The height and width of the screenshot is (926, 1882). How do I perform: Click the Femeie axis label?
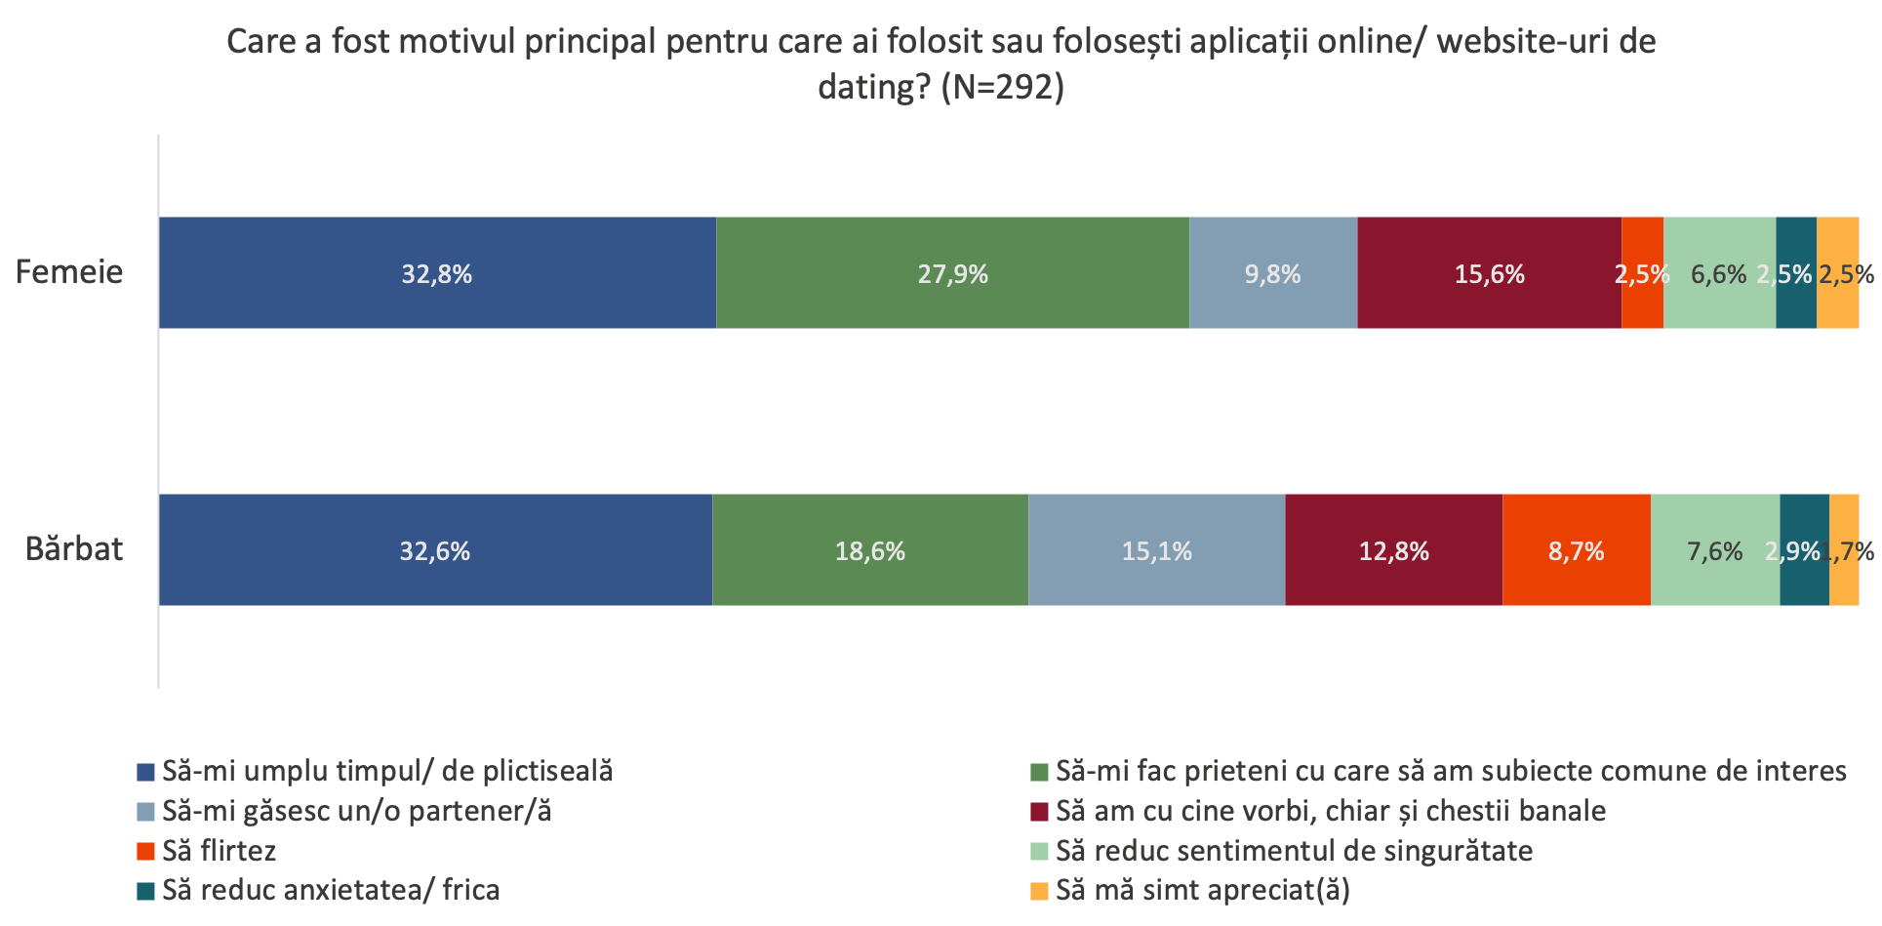[69, 272]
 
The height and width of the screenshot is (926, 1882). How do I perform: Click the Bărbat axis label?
[74, 549]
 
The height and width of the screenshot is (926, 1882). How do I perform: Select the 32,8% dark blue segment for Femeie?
[437, 273]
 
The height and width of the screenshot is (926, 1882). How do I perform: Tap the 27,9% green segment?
[952, 273]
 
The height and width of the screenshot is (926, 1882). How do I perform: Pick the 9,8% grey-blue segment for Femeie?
[1272, 273]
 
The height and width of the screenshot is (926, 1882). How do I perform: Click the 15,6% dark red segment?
[1489, 273]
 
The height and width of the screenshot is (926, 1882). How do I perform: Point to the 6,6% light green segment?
[1718, 273]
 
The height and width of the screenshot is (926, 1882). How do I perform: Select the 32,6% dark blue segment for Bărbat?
[435, 550]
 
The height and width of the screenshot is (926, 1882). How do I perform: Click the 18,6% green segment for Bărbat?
[869, 550]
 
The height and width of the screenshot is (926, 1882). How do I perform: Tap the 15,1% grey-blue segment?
[1156, 550]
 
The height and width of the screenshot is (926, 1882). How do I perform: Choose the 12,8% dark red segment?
[1393, 550]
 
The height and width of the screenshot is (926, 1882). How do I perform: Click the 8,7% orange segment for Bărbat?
[1576, 550]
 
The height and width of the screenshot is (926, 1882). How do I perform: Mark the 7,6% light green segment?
[1714, 550]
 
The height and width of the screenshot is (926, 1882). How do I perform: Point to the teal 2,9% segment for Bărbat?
[1803, 550]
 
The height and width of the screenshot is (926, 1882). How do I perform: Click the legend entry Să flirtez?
[219, 851]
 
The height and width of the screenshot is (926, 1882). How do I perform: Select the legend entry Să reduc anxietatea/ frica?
[331, 890]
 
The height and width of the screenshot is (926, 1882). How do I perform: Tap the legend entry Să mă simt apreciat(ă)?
[1202, 890]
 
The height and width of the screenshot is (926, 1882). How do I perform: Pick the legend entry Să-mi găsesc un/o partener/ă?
[356, 811]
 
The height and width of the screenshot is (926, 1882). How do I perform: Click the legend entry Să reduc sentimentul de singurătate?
[1294, 851]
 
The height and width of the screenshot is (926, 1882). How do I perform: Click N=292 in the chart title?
[1003, 88]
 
